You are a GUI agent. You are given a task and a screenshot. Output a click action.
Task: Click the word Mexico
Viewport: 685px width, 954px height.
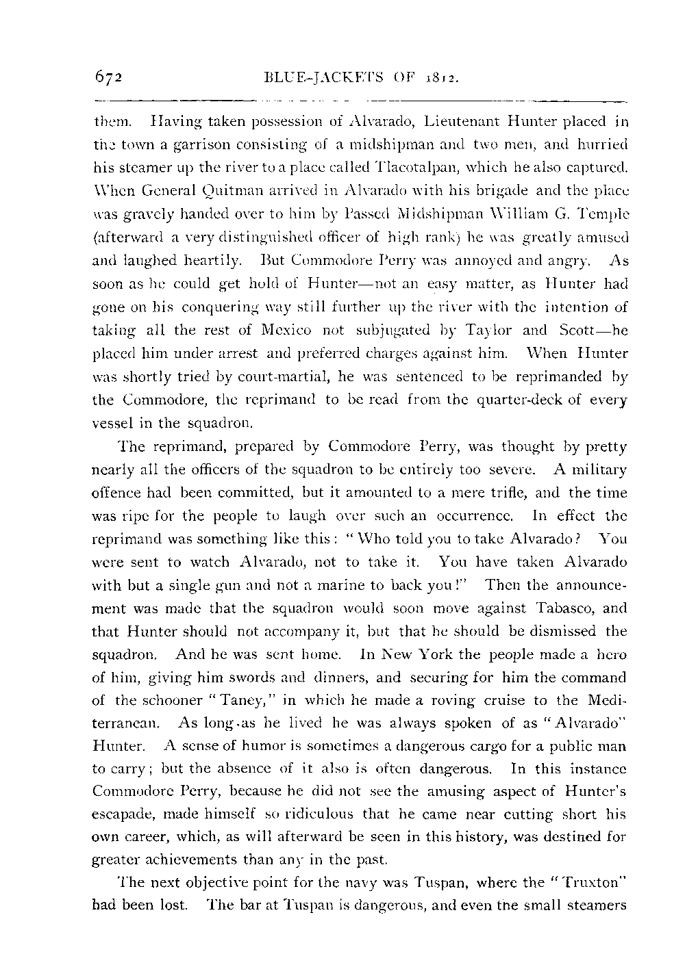(287, 330)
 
